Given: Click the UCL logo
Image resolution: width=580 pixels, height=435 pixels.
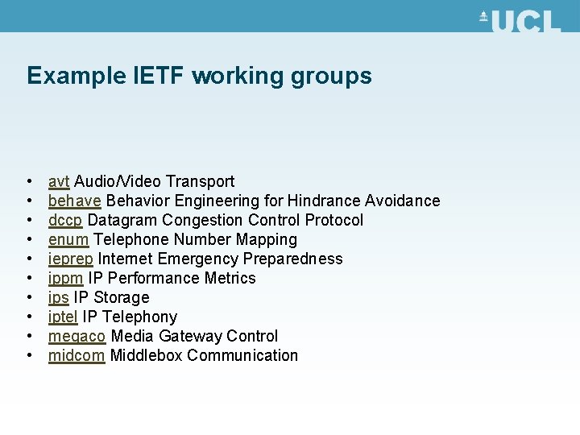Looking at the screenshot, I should pyautogui.click(x=520, y=20).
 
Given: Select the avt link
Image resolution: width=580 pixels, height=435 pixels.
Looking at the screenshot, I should pyautogui.click(x=59, y=181).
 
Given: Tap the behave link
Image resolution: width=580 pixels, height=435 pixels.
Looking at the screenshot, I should pyautogui.click(x=74, y=201).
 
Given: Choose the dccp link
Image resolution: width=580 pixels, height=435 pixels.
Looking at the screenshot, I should pyautogui.click(x=65, y=220).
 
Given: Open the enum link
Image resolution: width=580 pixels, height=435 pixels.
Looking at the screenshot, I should pyautogui.click(x=68, y=239).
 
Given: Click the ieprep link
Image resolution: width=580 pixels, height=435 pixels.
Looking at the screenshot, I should pyautogui.click(x=71, y=259).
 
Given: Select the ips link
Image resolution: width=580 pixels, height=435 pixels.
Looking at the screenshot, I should pyautogui.click(x=58, y=297).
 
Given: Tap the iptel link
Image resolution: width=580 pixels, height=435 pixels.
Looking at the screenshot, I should pyautogui.click(x=64, y=317).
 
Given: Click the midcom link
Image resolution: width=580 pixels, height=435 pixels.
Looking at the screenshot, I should pyautogui.click(x=77, y=355).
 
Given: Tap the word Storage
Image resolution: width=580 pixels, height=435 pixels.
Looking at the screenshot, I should pyautogui.click(x=121, y=297).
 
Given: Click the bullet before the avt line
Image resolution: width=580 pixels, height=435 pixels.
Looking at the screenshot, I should pyautogui.click(x=29, y=182).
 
